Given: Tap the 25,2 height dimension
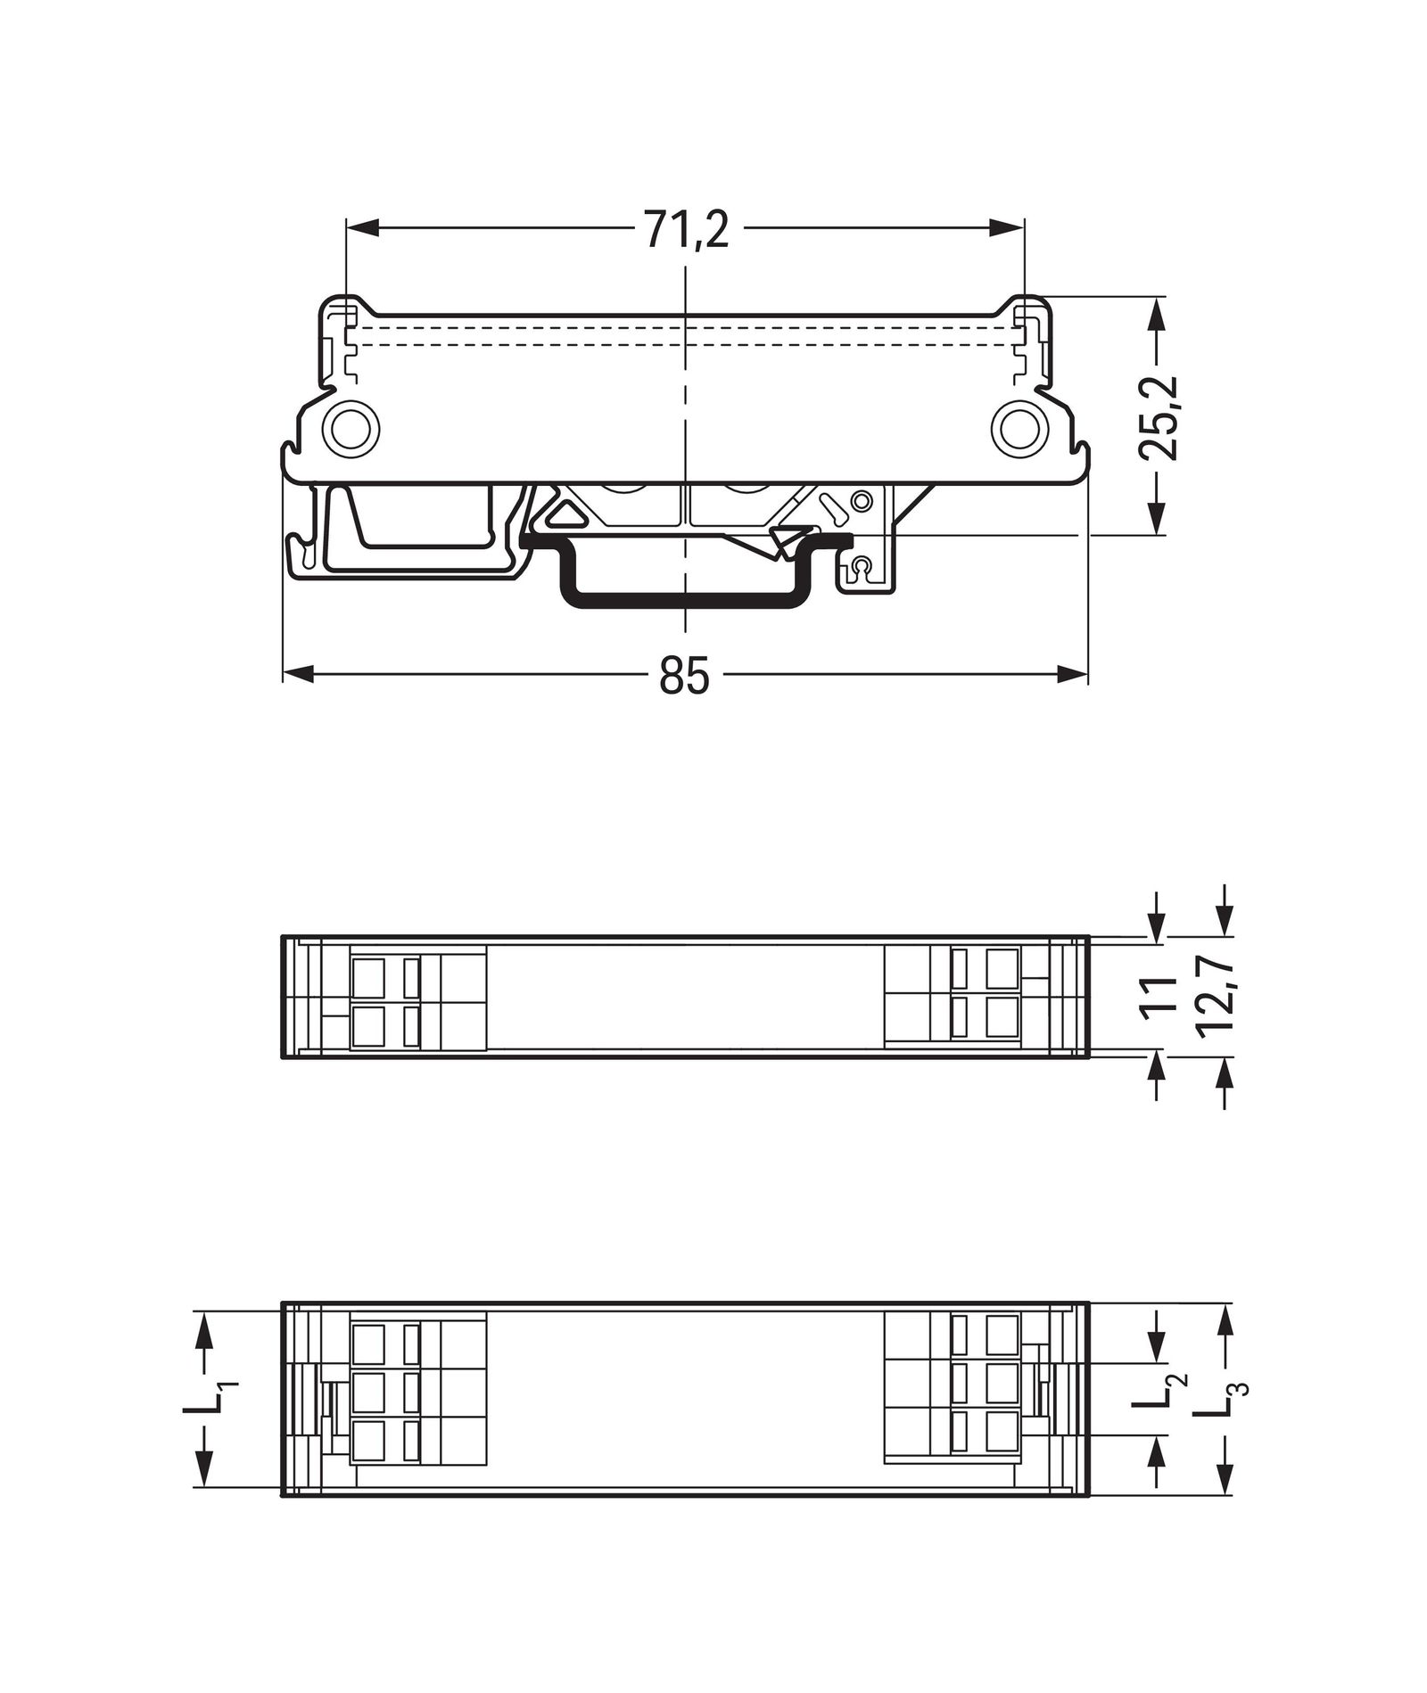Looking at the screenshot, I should pos(1159,417).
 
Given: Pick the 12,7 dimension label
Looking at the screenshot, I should pos(1215,996).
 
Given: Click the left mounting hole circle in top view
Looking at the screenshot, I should pos(351,430).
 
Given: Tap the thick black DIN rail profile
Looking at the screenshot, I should pos(685,599).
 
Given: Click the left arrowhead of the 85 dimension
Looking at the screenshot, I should pos(298,674).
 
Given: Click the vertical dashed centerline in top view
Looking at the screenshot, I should pos(685,401).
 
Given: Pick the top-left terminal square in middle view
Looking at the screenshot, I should pos(368,977).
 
